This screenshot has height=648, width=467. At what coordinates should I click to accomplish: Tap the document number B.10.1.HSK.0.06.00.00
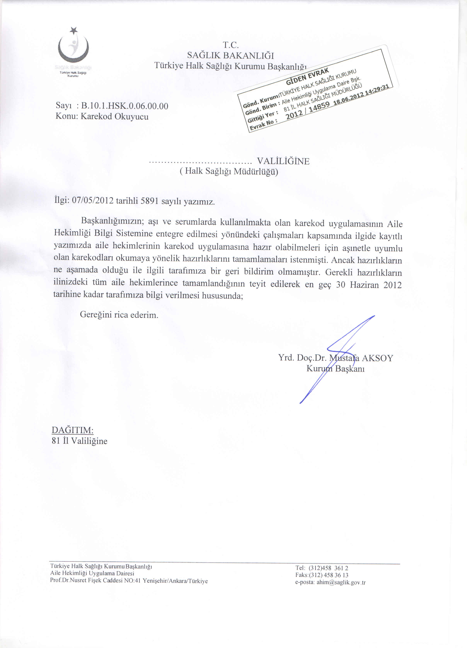click(x=125, y=106)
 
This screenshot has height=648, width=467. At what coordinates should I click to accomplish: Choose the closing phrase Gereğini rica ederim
click(x=119, y=315)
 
